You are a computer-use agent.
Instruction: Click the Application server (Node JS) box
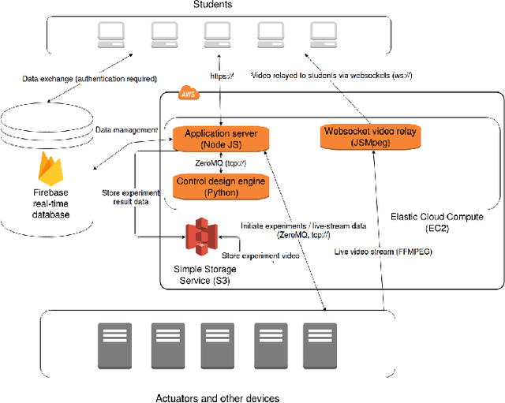click(220, 139)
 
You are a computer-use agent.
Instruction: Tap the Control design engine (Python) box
click(219, 186)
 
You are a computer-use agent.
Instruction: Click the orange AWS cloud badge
click(189, 95)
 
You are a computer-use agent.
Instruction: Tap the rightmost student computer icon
click(323, 32)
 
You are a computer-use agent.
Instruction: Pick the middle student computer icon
click(215, 32)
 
